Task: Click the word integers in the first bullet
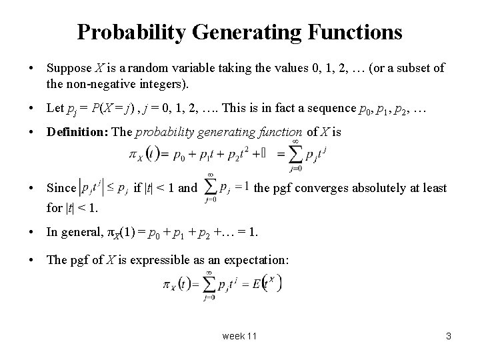[164, 85]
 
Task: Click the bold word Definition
[77, 131]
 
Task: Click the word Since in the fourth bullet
[61, 188]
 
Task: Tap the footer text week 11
[239, 336]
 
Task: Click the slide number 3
[449, 336]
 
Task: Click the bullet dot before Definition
[32, 132]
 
